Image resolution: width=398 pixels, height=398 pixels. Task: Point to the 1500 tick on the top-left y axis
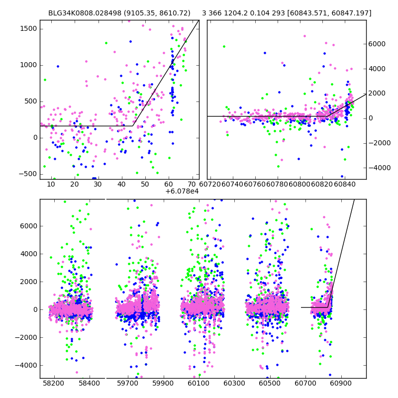tap(28, 28)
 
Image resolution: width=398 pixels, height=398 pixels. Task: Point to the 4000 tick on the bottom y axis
tap(29, 254)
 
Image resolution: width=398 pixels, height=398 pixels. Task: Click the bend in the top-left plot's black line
tap(135, 126)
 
